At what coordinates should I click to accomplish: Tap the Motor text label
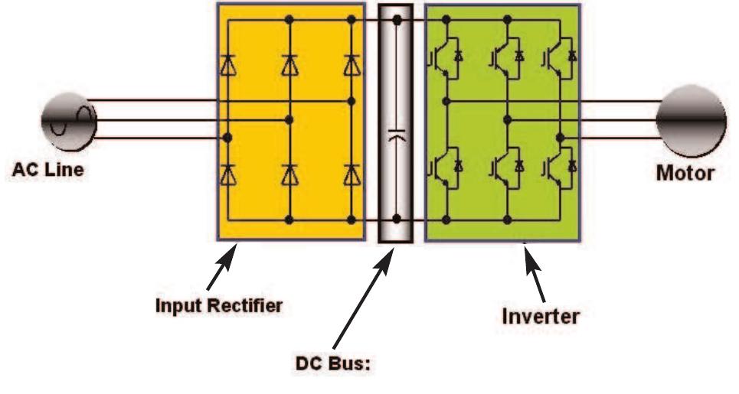[x=685, y=172]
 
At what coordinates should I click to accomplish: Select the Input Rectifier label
[x=219, y=305]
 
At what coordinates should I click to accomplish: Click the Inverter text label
[x=540, y=315]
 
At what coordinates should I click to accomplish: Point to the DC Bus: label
[x=332, y=364]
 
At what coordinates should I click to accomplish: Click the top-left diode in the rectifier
[x=227, y=66]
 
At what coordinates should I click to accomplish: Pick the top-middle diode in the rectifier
[x=289, y=66]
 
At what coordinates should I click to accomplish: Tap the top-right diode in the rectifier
[x=351, y=66]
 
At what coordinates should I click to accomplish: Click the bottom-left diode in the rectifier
[x=227, y=175]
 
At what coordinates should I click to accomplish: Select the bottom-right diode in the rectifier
[x=351, y=175]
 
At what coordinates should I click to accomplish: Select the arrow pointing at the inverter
[x=537, y=275]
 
